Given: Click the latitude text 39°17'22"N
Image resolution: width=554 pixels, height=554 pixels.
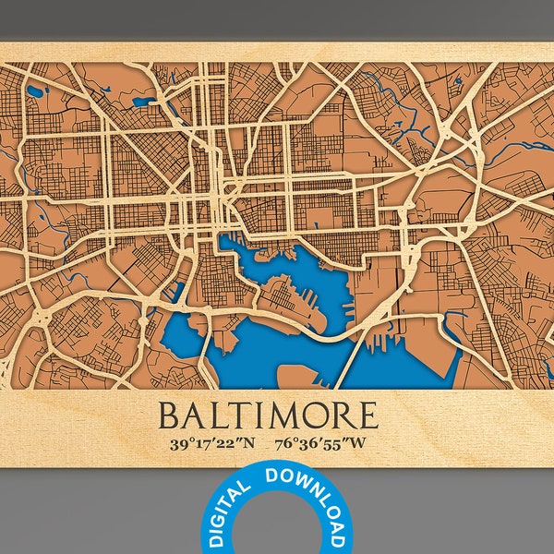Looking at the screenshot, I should (211, 442).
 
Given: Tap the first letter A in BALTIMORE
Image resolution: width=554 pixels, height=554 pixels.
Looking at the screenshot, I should (195, 415).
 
